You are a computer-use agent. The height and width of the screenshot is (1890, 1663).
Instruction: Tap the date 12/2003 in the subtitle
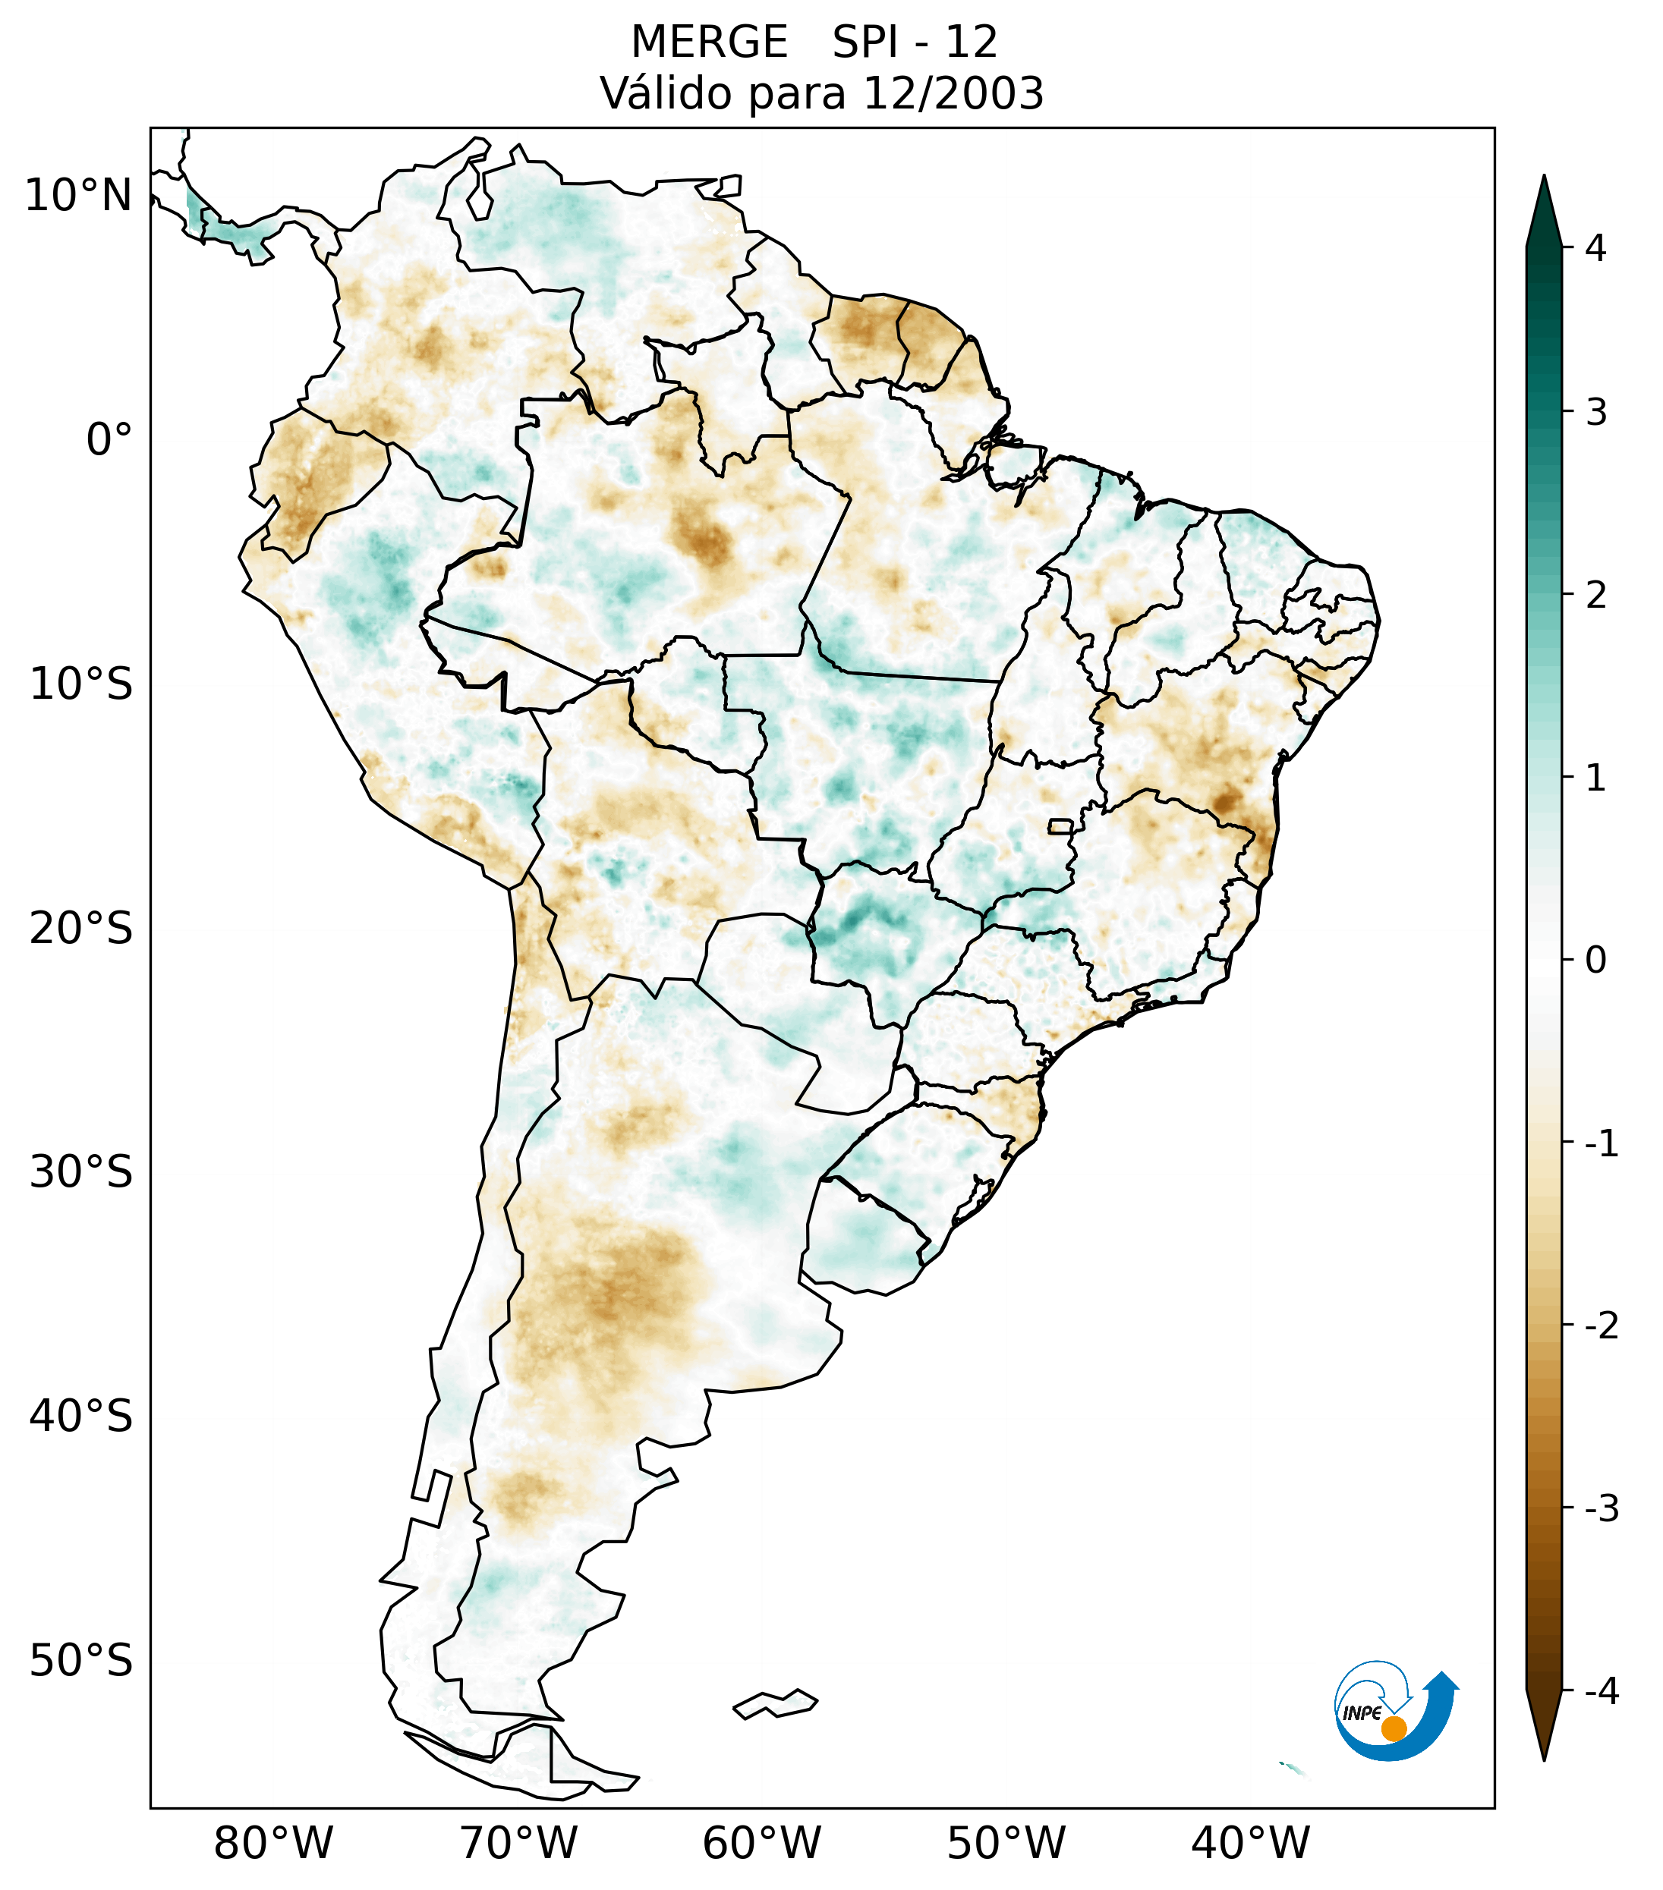953,93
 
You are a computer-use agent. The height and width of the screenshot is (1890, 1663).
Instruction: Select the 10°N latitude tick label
77,196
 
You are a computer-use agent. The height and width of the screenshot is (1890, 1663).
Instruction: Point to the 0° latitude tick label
109,440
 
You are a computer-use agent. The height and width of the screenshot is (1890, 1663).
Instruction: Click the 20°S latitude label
81,929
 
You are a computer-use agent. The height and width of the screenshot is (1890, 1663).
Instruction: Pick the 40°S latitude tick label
81,1417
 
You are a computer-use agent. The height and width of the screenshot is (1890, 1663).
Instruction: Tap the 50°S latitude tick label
81,1662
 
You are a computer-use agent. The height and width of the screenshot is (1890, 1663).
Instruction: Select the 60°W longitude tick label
761,1844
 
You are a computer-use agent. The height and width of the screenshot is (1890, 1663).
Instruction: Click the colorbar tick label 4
1595,248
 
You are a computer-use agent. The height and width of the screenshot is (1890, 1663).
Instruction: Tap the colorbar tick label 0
1595,961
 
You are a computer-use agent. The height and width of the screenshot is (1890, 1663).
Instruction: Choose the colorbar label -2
1601,1326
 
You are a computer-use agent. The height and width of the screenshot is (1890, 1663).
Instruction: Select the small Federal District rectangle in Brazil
1061,825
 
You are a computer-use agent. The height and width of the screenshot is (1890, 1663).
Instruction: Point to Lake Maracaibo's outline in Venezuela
478,194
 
